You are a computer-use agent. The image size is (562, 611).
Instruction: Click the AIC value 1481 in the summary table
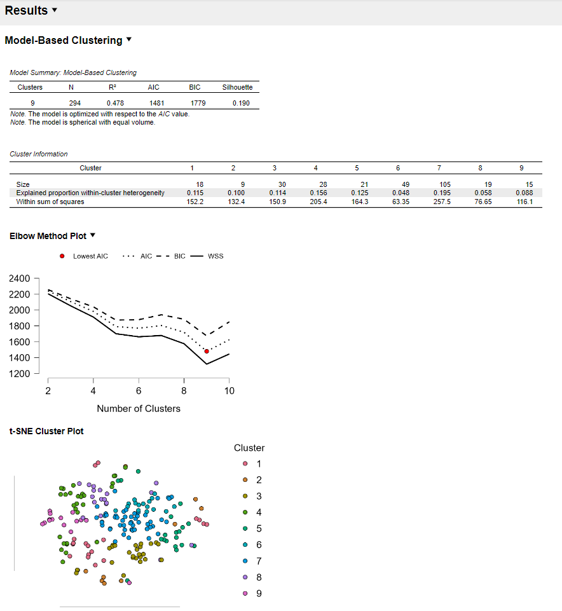pyautogui.click(x=156, y=102)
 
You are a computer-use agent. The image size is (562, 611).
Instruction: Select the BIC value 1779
pyautogui.click(x=198, y=102)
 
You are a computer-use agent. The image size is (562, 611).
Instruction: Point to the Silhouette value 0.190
pyautogui.click(x=241, y=102)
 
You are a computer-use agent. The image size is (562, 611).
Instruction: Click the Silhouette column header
pyautogui.click(x=237, y=87)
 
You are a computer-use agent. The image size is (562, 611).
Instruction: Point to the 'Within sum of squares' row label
pyautogui.click(x=50, y=201)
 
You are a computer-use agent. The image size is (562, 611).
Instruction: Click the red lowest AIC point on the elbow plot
pyautogui.click(x=207, y=351)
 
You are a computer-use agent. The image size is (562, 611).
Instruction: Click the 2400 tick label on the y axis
pyautogui.click(x=20, y=278)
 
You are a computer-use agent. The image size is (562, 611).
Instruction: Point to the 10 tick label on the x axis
pyautogui.click(x=230, y=391)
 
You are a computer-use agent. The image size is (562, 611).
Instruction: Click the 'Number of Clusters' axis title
pyautogui.click(x=139, y=408)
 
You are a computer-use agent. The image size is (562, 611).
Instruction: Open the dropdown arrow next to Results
pyautogui.click(x=54, y=10)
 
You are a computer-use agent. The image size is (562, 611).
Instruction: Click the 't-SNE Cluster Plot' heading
pyautogui.click(x=46, y=431)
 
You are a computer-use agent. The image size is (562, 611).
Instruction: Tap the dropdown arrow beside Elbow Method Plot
pyautogui.click(x=93, y=235)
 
